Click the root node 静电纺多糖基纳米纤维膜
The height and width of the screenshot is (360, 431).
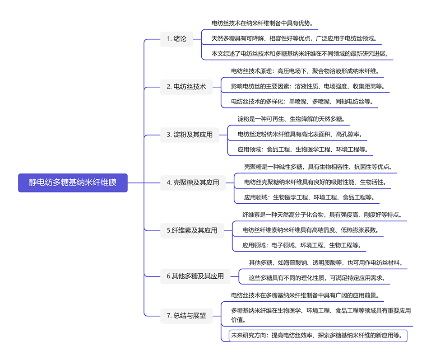coord(73,182)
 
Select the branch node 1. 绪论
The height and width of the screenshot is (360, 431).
coord(176,39)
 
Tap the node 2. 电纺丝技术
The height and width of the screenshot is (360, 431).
coord(186,87)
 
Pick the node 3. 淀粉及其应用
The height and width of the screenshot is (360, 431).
coord(190,135)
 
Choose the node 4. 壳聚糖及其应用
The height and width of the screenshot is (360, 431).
coord(193,182)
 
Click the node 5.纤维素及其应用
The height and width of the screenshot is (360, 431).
coord(192,230)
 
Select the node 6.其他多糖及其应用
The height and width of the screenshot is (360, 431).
coord(195,276)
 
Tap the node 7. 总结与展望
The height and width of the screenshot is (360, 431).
coord(186,316)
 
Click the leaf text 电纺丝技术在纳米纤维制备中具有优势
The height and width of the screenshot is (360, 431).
coord(262,23)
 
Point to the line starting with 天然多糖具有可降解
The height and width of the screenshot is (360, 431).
coord(294,38)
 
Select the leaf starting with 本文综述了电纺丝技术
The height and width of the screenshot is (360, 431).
coord(300,54)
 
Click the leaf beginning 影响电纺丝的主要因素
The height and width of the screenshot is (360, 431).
coord(308,86)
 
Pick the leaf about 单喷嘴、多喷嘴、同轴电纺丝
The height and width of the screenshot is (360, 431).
coord(302,102)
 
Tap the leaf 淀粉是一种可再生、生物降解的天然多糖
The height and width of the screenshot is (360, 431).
coord(292,119)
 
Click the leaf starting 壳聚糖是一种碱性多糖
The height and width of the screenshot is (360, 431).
coord(318,167)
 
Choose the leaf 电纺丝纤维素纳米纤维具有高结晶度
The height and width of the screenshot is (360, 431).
coord(311,230)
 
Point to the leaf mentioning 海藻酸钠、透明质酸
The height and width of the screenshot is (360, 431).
coord(326,262)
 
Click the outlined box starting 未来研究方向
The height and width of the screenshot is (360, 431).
coord(318,336)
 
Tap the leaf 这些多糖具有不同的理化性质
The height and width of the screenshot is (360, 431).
coord(317,278)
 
